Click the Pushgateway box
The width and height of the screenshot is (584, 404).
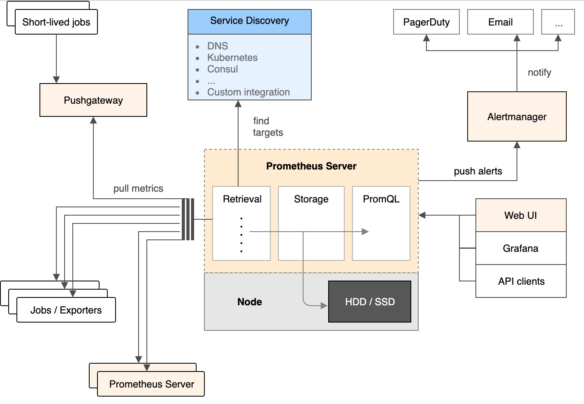93,100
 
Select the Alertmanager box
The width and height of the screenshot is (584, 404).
517,116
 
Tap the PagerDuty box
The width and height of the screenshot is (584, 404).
426,22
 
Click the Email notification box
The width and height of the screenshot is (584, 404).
500,22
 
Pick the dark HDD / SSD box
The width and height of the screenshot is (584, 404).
370,302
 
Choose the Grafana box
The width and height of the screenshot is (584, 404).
521,248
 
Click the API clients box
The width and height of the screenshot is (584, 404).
521,281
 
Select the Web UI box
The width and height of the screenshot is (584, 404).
521,215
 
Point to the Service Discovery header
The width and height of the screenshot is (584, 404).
249,21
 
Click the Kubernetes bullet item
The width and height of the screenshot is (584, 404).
232,58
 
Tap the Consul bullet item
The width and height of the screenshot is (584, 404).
222,69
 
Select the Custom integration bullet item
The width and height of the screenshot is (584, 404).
248,92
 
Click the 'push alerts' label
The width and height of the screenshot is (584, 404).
478,171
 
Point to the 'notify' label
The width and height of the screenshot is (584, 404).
539,72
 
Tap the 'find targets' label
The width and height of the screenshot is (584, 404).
267,127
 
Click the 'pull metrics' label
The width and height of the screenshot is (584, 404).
138,188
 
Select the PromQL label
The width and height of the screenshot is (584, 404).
381,199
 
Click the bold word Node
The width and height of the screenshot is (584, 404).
250,302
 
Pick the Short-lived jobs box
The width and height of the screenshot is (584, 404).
56,22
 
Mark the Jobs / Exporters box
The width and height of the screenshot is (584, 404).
66,310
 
